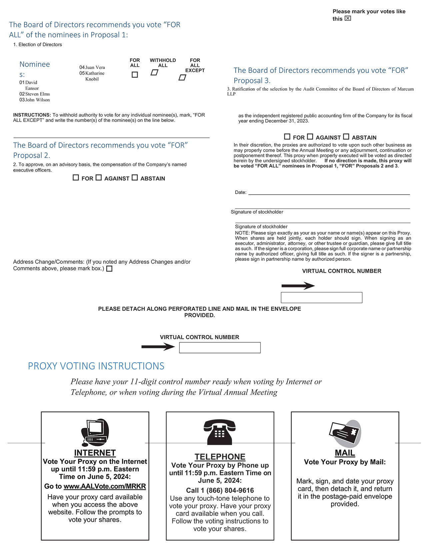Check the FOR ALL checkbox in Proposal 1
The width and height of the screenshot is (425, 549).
point(135,75)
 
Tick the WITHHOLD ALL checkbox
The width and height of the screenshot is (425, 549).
point(154,73)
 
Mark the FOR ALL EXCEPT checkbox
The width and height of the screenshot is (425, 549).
point(182,78)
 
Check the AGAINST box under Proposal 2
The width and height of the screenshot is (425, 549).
point(99,178)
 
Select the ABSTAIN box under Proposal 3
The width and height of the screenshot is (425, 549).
point(346,137)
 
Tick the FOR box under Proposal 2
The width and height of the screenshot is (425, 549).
point(76,178)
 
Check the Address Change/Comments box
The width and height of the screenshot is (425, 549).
point(109,269)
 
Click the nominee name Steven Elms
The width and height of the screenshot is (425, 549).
point(37,94)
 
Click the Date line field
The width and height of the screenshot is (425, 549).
point(329,192)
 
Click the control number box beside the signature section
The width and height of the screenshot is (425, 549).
point(321,297)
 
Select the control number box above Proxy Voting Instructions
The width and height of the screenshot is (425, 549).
point(220,348)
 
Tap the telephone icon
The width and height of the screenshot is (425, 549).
point(220,432)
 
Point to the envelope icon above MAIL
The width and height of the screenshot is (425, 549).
point(345,433)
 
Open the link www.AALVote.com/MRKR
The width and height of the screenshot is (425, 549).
point(105,486)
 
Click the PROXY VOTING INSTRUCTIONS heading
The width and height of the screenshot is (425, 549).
point(96,366)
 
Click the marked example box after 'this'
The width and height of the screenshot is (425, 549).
point(348,18)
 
